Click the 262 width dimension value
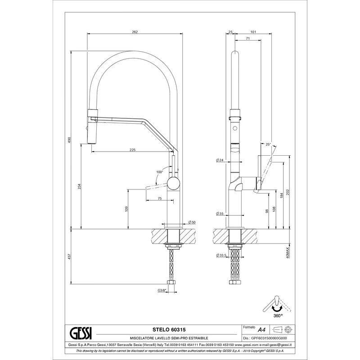(135, 32)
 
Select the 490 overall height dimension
(70, 139)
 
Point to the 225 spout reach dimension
(132, 150)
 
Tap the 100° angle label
(159, 172)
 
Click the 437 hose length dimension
(70, 256)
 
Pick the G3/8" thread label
(162, 290)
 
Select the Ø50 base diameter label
(192, 222)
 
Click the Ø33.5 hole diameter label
(221, 255)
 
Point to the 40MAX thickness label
(288, 253)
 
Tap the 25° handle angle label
(268, 144)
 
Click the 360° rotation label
(278, 316)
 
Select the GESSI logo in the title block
(81, 334)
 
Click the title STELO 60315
(169, 330)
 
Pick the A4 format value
(261, 330)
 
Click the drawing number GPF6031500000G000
(269, 338)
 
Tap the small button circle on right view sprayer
(235, 128)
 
